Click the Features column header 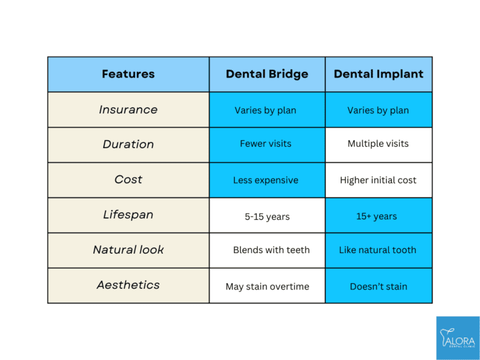point(128,74)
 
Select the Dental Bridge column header point(267,74)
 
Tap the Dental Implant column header point(378,74)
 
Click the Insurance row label point(128,109)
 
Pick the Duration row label point(128,144)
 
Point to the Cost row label point(128,179)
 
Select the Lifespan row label point(128,214)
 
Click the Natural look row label point(128,249)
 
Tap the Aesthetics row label point(128,285)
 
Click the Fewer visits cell point(267,144)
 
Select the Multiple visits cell point(378,144)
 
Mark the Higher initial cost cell point(378,180)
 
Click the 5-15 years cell point(267,216)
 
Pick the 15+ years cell point(378,216)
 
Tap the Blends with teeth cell point(271,250)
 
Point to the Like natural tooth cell point(377,250)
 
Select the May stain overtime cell point(267,287)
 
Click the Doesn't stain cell point(378,287)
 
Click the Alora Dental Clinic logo point(457,337)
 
